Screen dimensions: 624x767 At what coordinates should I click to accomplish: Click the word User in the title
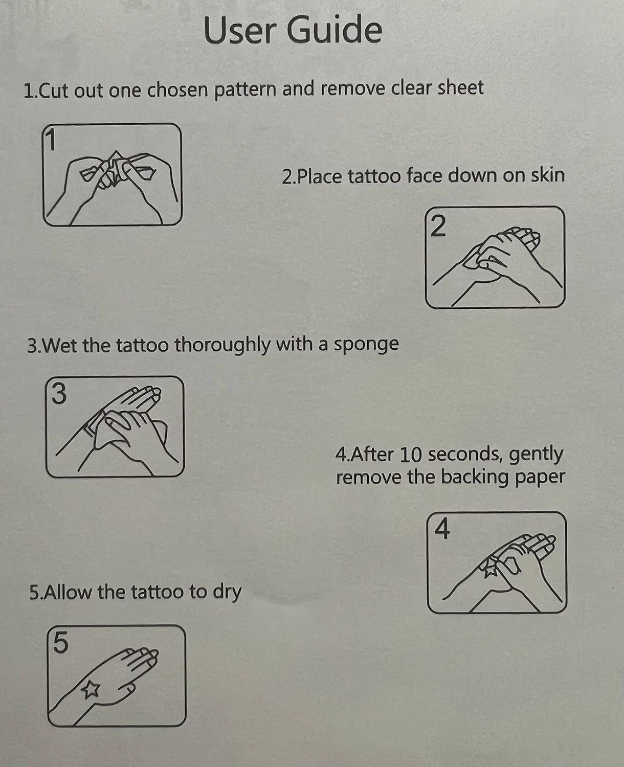click(x=239, y=30)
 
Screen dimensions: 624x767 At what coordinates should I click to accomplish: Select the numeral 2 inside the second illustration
click(x=438, y=227)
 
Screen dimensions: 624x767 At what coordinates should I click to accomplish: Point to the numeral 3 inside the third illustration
click(x=59, y=394)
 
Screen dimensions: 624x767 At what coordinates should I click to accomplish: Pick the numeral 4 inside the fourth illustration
click(x=442, y=529)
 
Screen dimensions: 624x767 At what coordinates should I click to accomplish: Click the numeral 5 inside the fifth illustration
click(x=60, y=643)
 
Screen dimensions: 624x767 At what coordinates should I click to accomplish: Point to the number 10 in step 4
click(x=410, y=455)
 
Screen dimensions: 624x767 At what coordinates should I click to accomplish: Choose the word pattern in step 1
click(x=245, y=89)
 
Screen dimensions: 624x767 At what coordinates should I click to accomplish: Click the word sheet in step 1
click(x=460, y=88)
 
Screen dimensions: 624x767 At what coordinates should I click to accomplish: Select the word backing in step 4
click(x=476, y=478)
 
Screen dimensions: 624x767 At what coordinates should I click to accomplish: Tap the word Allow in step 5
click(x=68, y=592)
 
